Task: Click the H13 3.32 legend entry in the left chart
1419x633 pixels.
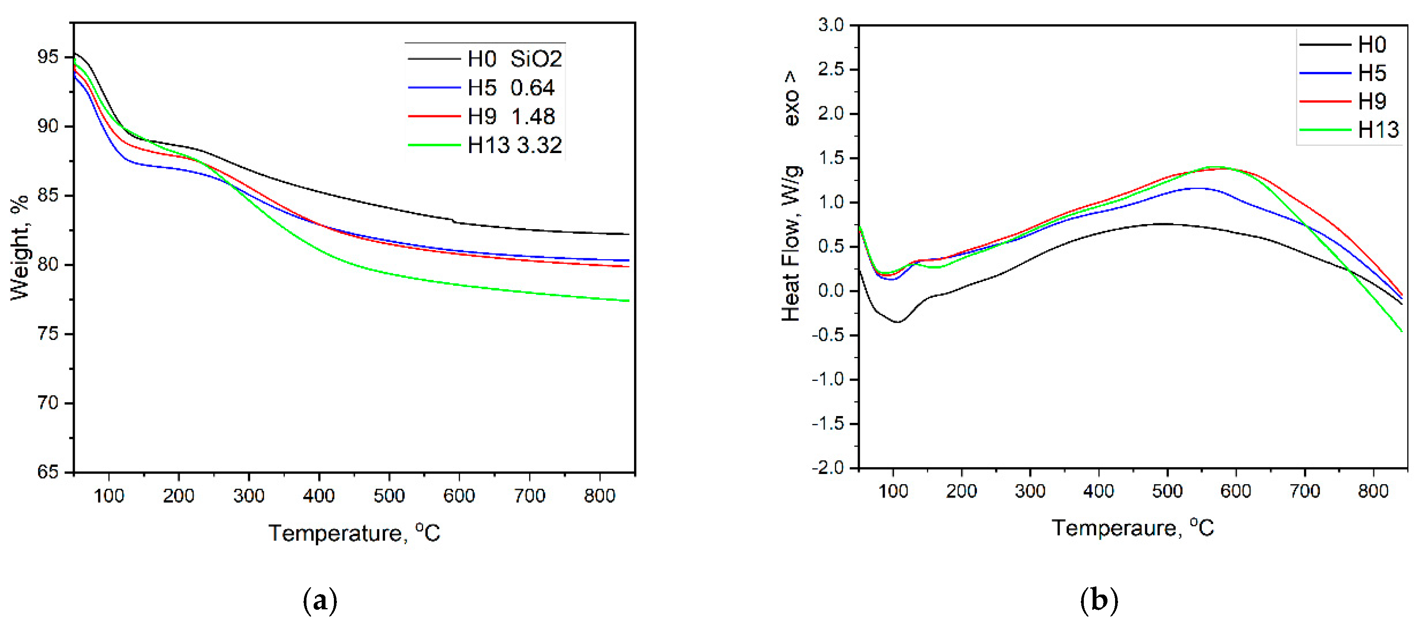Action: coord(514,145)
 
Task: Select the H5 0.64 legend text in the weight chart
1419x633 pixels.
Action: coord(510,88)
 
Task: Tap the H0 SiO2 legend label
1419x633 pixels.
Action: coord(514,59)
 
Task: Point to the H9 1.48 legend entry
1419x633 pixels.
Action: coord(511,117)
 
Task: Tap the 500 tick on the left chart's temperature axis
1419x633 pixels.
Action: coord(389,496)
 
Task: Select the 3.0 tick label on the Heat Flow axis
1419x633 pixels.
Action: coord(831,25)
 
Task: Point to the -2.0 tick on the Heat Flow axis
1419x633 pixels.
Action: coord(828,468)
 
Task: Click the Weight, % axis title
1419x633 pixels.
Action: coord(20,248)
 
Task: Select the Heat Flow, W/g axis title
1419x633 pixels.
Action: coord(790,242)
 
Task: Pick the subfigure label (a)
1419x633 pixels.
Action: coord(320,600)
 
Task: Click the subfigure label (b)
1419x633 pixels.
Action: coord(1099,600)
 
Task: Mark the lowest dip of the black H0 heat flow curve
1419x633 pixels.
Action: coord(898,322)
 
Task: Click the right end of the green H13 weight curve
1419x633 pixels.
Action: coord(628,301)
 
